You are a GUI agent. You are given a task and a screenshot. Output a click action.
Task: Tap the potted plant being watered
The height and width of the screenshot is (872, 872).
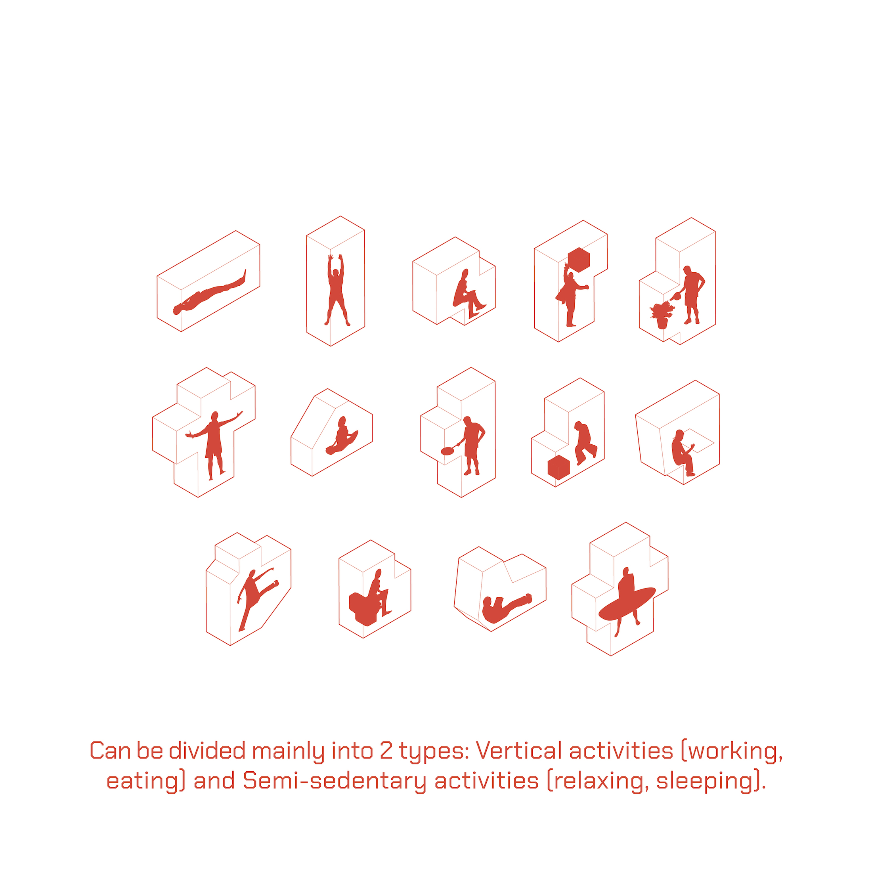pyautogui.click(x=662, y=316)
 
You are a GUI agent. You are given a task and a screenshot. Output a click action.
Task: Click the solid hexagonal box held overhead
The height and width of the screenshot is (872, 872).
pyautogui.click(x=579, y=260)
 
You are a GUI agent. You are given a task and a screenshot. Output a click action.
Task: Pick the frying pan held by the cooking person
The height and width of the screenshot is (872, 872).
pyautogui.click(x=447, y=450)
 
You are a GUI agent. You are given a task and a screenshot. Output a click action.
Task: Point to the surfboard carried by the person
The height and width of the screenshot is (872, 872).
pyautogui.click(x=627, y=603)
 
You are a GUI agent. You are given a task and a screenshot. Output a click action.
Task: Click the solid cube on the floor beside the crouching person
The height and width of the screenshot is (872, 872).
pyautogui.click(x=558, y=468)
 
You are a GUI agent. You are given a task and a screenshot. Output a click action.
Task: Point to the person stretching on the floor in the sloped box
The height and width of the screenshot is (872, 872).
pyautogui.click(x=342, y=436)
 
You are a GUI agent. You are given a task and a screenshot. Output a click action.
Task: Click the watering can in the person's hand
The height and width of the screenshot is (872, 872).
pyautogui.click(x=676, y=296)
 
